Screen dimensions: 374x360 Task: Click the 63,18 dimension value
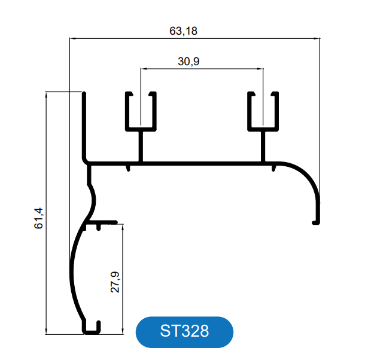pyautogui.click(x=183, y=31)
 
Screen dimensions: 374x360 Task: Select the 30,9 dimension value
pyautogui.click(x=188, y=62)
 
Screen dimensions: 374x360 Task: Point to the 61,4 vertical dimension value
pyautogui.click(x=39, y=218)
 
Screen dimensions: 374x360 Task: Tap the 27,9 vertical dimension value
pyautogui.click(x=115, y=282)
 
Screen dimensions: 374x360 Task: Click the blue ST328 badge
pyautogui.click(x=184, y=332)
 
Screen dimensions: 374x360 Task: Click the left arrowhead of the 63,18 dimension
pyautogui.click(x=72, y=38)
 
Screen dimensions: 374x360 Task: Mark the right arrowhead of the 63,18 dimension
pyautogui.click(x=317, y=38)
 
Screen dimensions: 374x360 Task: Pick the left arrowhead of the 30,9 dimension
pyautogui.click(x=143, y=69)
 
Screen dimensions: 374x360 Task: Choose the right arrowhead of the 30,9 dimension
pyautogui.click(x=261, y=69)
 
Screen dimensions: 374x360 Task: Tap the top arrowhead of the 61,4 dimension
pyautogui.click(x=46, y=94)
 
